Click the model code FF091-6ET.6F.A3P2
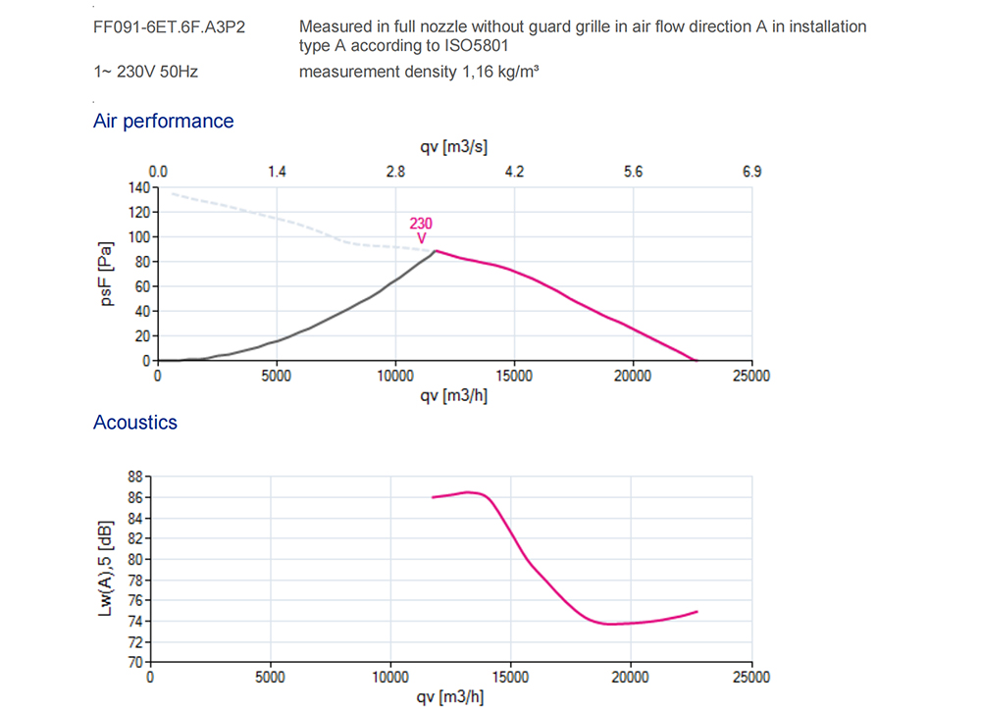[169, 26]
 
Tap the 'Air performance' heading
[163, 121]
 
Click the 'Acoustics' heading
[135, 422]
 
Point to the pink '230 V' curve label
[421, 230]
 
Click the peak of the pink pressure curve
[436, 251]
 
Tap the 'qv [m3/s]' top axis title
[454, 147]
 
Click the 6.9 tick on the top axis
[751, 172]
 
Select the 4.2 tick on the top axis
[514, 172]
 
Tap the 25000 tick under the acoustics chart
[751, 677]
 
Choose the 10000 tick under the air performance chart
[395, 375]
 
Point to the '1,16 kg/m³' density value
[499, 71]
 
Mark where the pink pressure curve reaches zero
[696, 360]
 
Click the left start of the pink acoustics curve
[433, 497]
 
